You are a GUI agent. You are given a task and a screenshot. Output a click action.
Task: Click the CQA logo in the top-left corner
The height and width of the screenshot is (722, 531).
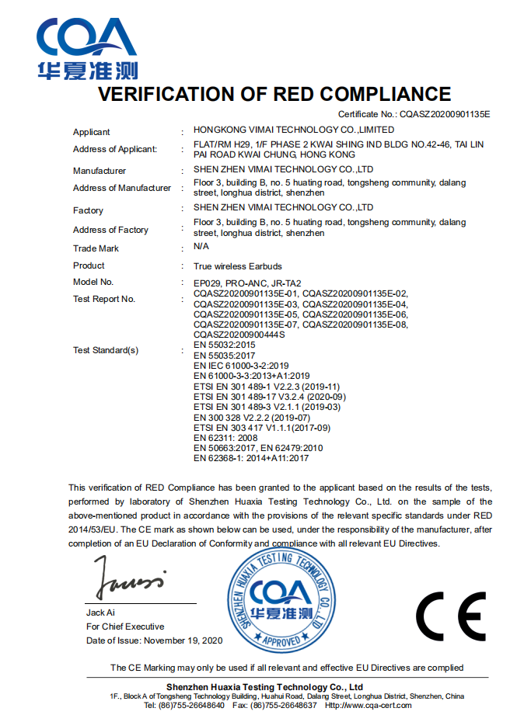[87, 48]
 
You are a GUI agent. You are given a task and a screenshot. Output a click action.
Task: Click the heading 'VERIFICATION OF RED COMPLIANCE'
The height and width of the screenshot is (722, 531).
[274, 95]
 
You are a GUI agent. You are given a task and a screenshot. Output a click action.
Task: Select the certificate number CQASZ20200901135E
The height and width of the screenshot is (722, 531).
[445, 114]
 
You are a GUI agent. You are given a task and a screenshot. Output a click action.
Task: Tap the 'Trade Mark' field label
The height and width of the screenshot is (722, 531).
[96, 248]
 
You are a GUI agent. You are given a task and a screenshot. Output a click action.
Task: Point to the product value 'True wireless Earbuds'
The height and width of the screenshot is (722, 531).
[237, 266]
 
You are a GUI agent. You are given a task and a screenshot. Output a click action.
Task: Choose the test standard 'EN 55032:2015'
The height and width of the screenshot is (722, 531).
[224, 343]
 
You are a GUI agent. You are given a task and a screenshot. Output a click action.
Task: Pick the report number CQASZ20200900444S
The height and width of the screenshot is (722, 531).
[239, 334]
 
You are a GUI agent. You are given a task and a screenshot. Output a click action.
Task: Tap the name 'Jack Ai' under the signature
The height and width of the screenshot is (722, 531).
[100, 613]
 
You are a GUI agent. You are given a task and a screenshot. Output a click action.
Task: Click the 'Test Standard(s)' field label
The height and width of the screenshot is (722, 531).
[106, 350]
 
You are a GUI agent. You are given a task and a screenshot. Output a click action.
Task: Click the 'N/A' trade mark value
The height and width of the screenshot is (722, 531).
[201, 247]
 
